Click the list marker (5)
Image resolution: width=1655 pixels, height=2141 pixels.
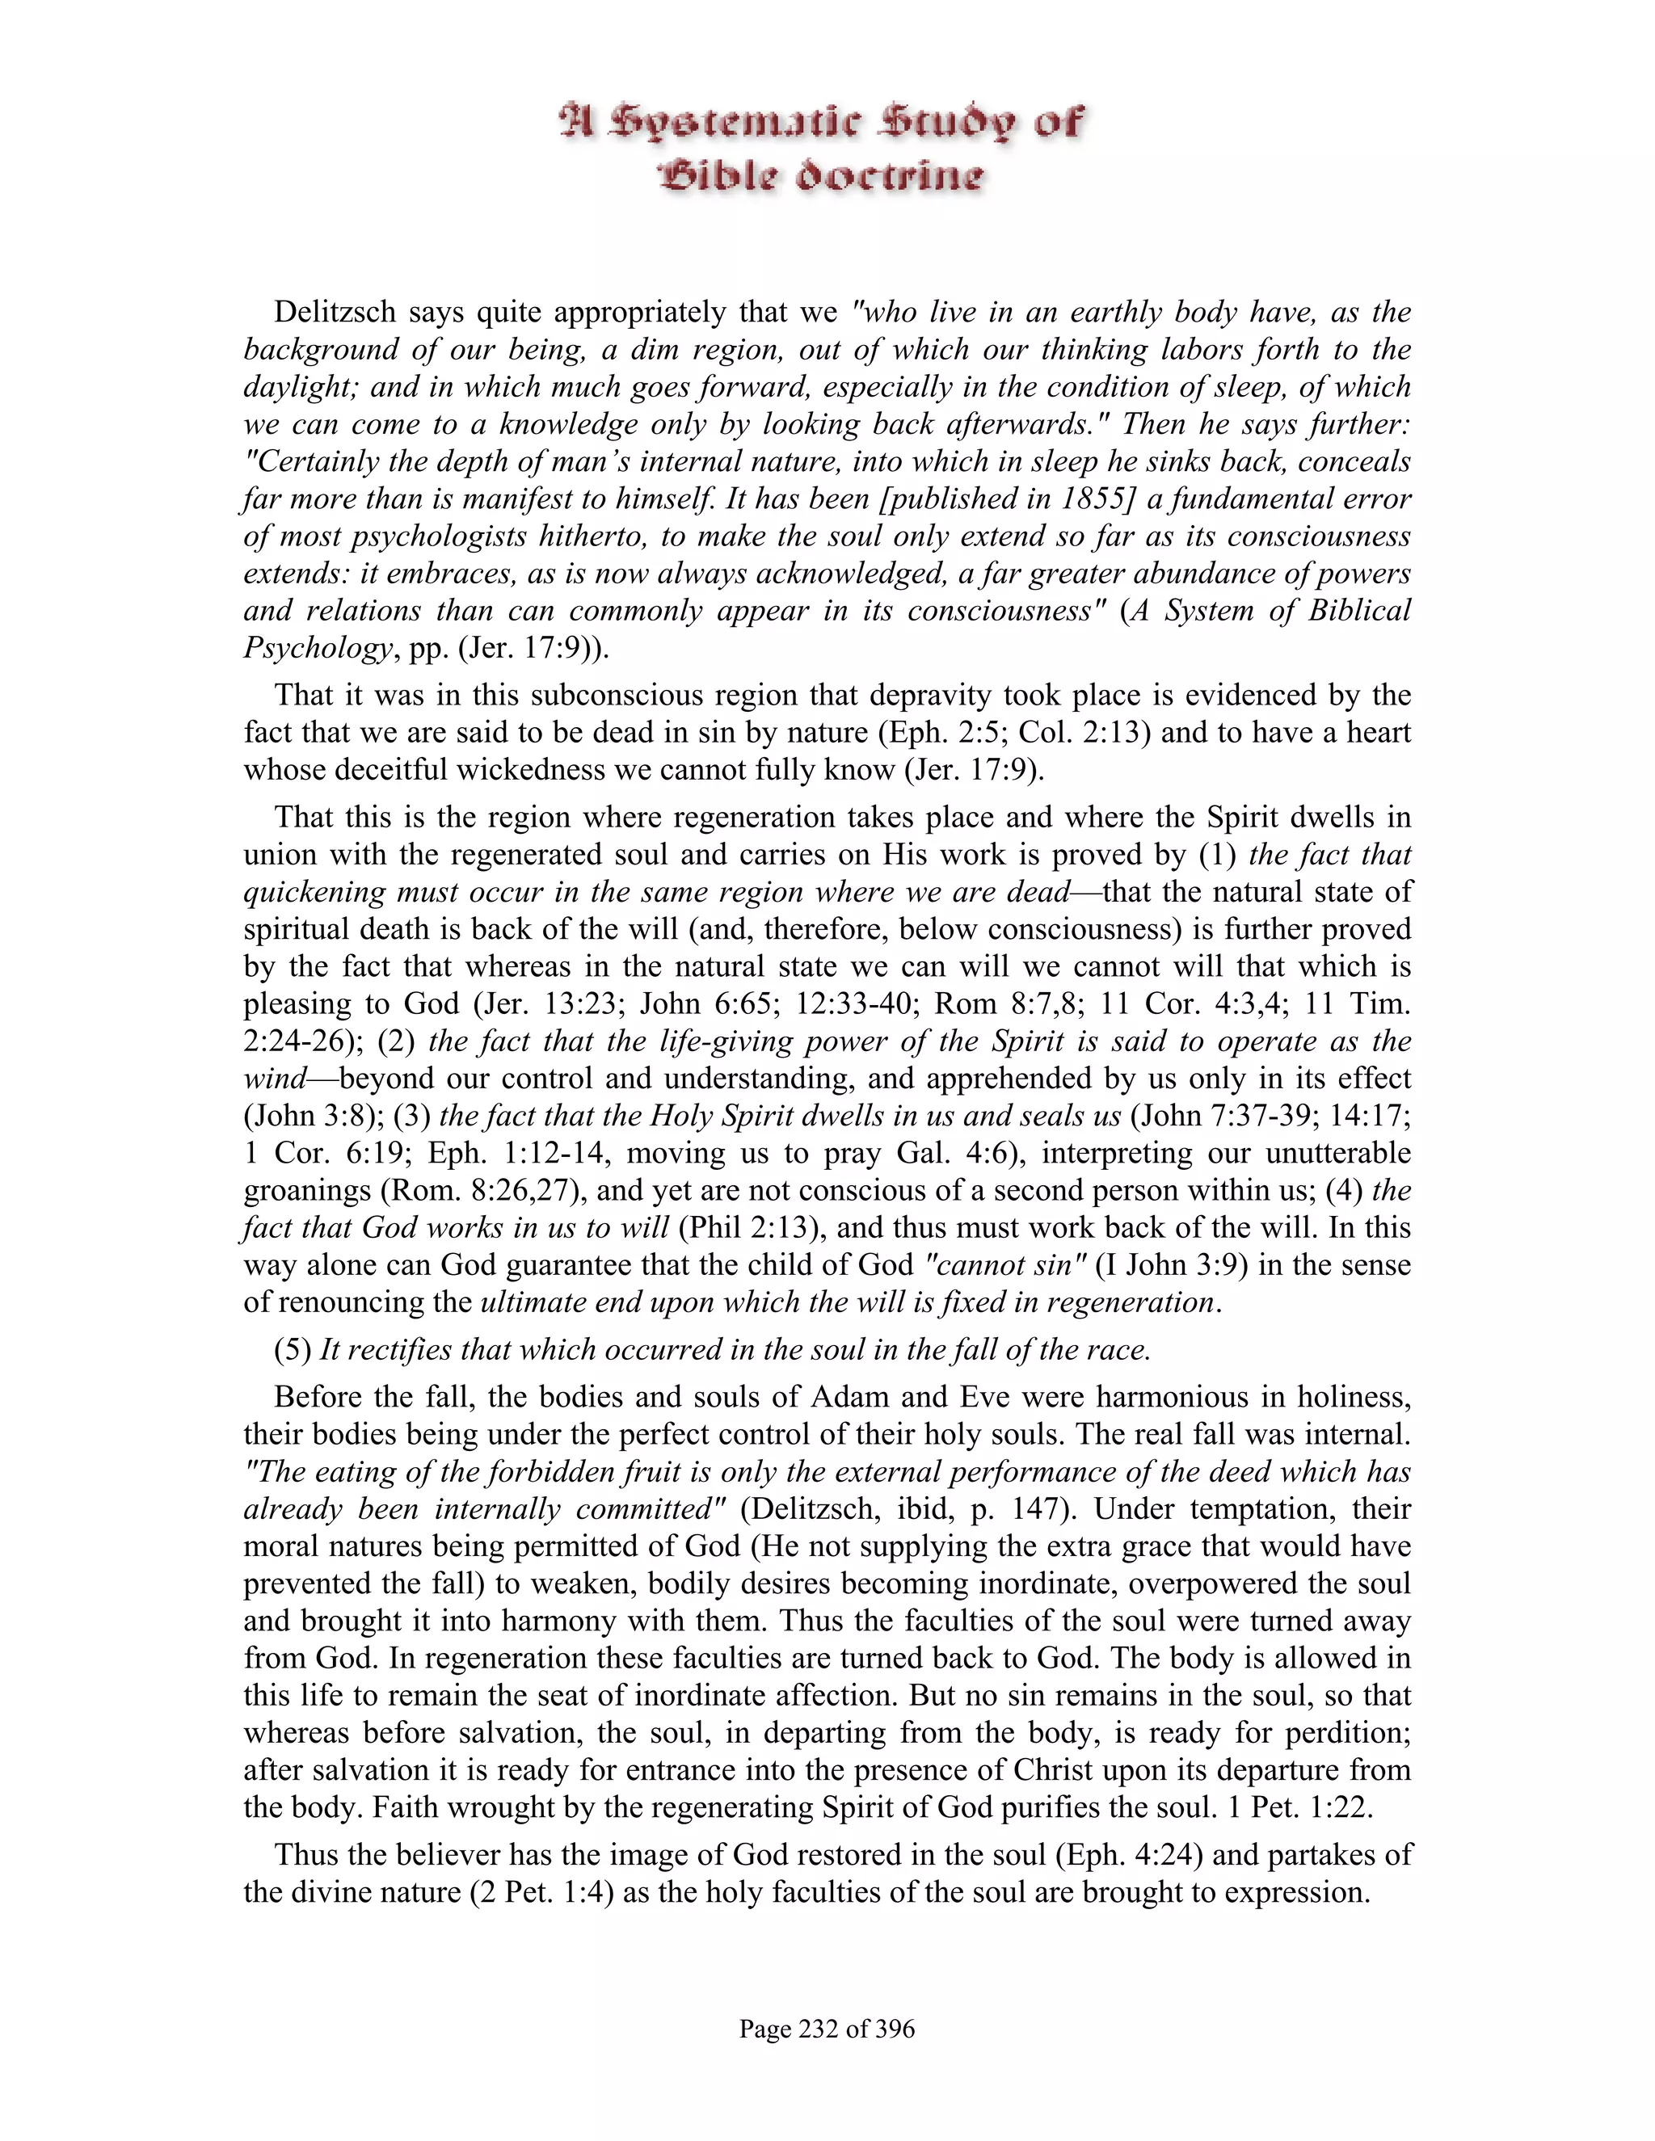[x=293, y=1351]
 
